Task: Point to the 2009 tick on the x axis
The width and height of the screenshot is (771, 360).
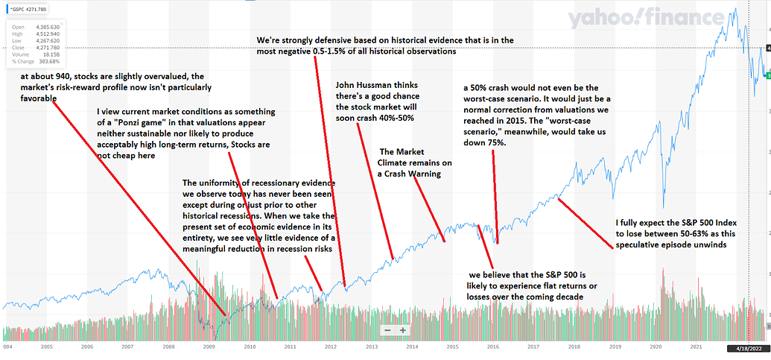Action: coord(209,347)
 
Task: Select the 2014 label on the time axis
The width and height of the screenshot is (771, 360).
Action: coord(411,347)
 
